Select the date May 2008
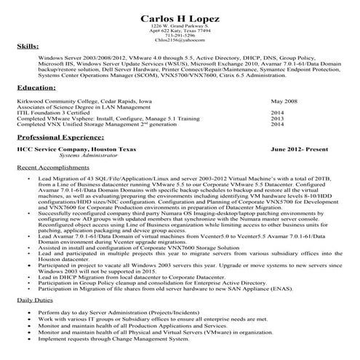(x=284, y=101)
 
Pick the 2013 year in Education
(x=277, y=119)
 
